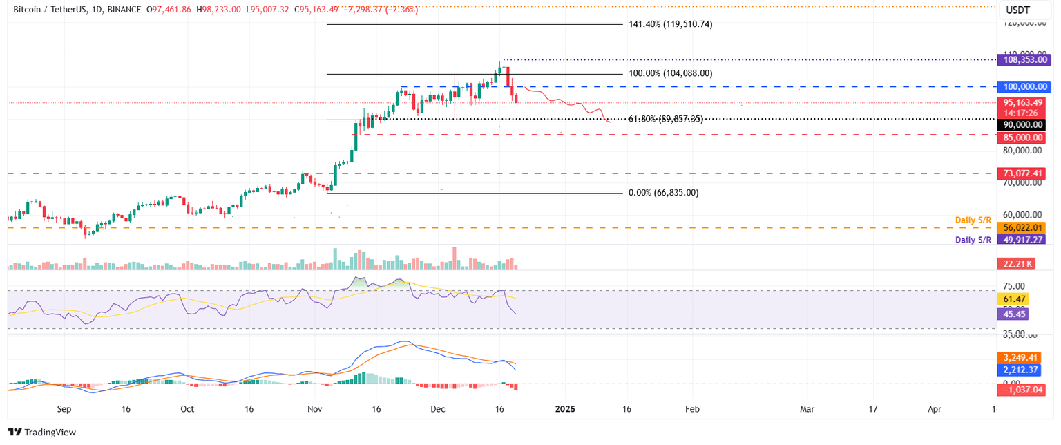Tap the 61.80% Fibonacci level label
pyautogui.click(x=666, y=120)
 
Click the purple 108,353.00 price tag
pyautogui.click(x=1021, y=60)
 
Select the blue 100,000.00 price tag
pyautogui.click(x=1021, y=86)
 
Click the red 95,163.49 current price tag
pyautogui.click(x=1021, y=102)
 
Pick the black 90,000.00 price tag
pyautogui.click(x=1021, y=124)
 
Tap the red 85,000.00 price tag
pyautogui.click(x=1021, y=138)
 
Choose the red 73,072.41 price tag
pyautogui.click(x=1021, y=173)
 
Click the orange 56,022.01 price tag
pyautogui.click(x=1021, y=227)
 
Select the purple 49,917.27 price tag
pyautogui.click(x=1021, y=240)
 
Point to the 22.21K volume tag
pyautogui.click(x=1016, y=264)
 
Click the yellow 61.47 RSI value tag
pyautogui.click(x=1013, y=299)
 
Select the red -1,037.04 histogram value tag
pyautogui.click(x=1021, y=390)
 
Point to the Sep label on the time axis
pyautogui.click(x=64, y=409)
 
